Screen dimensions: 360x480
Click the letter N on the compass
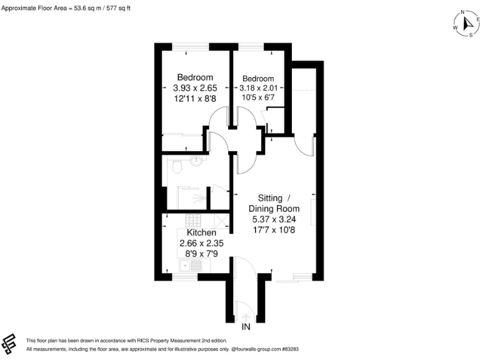[462, 12]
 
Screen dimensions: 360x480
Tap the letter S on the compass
[470, 36]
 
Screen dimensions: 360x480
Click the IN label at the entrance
[247, 327]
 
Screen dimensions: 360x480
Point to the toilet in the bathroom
[176, 166]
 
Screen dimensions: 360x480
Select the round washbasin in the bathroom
[198, 161]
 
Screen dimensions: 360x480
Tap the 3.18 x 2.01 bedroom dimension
[258, 89]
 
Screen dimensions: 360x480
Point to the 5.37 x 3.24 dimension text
[274, 219]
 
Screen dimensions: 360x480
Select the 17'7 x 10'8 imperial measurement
[274, 229]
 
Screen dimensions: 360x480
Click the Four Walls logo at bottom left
[11, 343]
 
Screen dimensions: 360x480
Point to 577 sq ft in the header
[117, 8]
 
